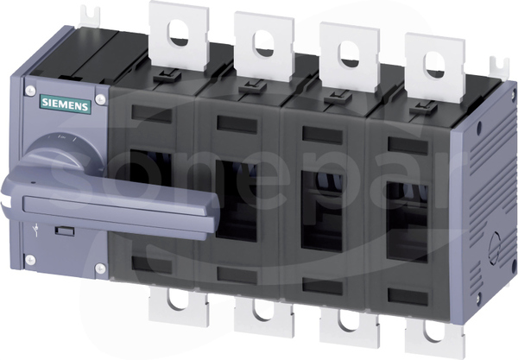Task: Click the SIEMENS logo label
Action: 66,104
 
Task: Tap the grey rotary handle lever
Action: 109,205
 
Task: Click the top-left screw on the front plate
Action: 30,91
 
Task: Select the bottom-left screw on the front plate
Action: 30,260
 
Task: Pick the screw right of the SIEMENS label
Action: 100,99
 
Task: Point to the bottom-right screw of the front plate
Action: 100,268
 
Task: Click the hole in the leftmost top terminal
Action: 179,33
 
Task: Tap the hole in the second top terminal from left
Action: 264,43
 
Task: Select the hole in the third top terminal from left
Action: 350,54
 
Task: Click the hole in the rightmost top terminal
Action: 435,65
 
